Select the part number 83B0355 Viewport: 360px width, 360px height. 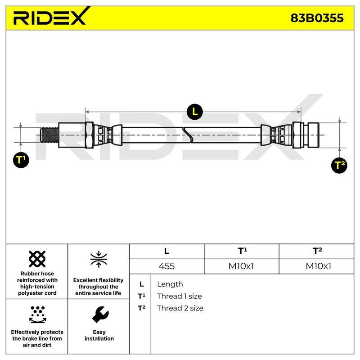(317, 18)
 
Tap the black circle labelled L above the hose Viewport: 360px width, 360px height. (195, 112)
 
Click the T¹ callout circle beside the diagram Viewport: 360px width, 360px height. (21, 160)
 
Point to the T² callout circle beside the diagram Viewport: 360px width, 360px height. (339, 165)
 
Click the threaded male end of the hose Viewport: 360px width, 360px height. (49, 135)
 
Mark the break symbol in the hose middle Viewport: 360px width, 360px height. (188, 135)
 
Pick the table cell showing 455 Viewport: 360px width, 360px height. (166, 266)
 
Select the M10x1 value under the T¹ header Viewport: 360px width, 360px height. (241, 266)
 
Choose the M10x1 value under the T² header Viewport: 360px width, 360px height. (319, 266)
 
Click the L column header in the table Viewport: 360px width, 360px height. (166, 251)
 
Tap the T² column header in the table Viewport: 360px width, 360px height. (317, 251)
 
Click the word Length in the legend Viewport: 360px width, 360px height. (170, 284)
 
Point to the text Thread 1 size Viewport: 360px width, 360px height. (180, 296)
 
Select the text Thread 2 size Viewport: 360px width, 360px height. (180, 308)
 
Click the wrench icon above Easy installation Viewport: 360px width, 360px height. (100, 315)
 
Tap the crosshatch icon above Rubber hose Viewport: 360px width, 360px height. (37, 259)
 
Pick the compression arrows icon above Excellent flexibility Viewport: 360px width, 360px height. (99, 259)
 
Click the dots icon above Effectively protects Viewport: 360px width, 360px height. (38, 315)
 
